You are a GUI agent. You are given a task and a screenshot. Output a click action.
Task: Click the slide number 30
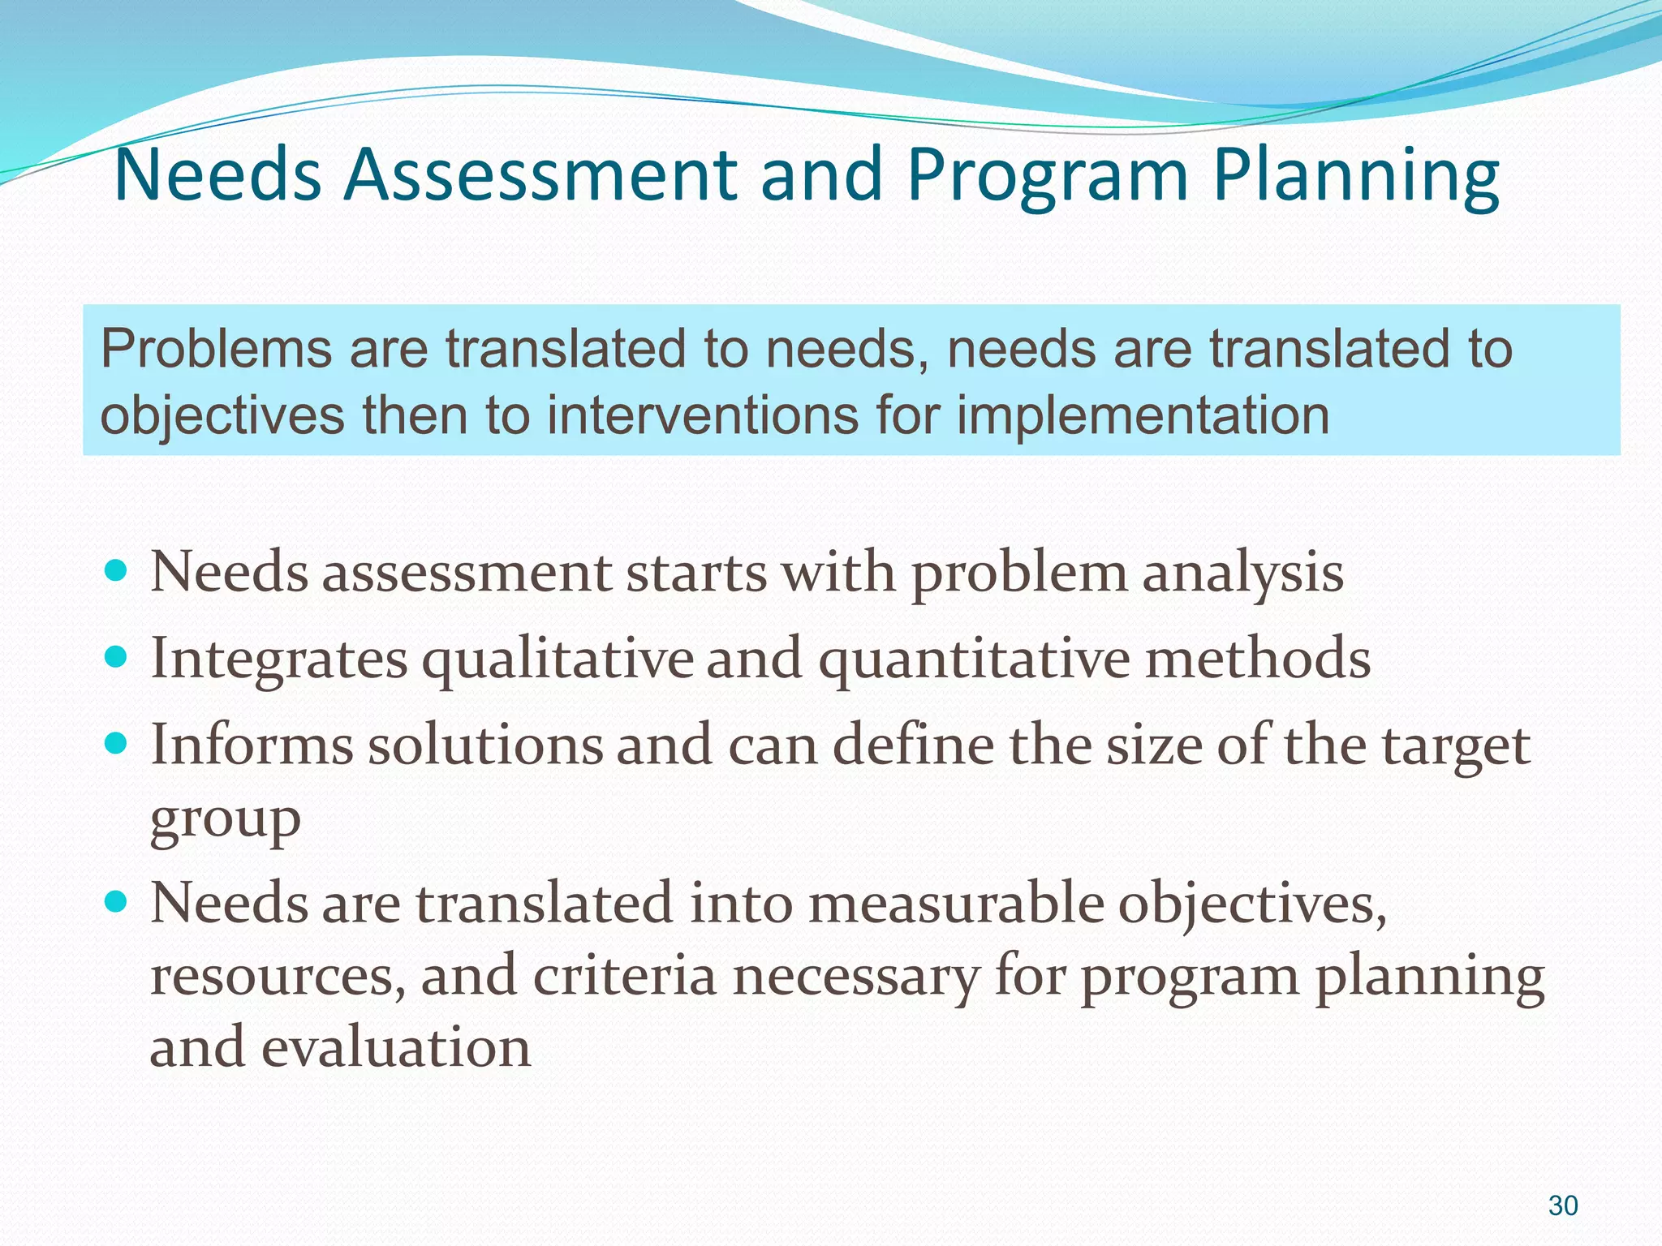click(1562, 1205)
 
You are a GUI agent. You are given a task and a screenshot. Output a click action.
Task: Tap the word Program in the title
click(1048, 176)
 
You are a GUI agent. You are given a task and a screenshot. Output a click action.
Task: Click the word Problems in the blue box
click(216, 350)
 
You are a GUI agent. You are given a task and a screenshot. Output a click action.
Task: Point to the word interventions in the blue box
click(701, 415)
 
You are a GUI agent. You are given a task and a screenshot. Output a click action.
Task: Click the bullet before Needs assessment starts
click(117, 570)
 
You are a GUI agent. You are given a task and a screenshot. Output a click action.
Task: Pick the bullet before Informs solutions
click(117, 742)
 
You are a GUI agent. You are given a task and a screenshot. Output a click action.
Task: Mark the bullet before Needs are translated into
click(117, 900)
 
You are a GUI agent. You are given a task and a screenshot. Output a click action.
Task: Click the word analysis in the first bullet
click(1242, 573)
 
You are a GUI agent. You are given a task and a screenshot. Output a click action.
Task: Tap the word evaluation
click(395, 1046)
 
